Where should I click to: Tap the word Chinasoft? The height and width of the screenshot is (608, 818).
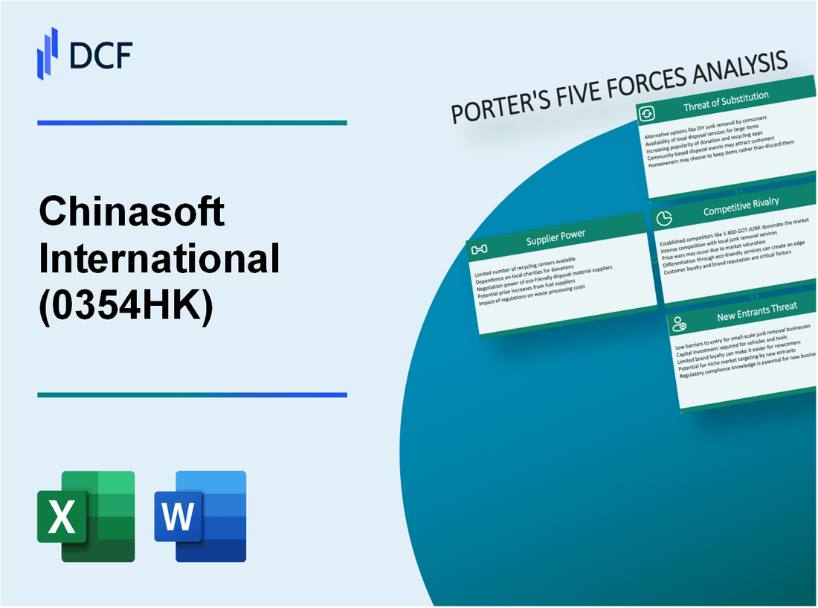132,213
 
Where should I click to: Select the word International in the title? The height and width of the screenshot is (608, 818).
160,258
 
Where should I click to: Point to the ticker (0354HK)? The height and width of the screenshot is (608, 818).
126,304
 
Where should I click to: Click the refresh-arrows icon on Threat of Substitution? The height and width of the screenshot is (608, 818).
647,114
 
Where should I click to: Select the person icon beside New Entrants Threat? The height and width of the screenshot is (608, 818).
678,324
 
